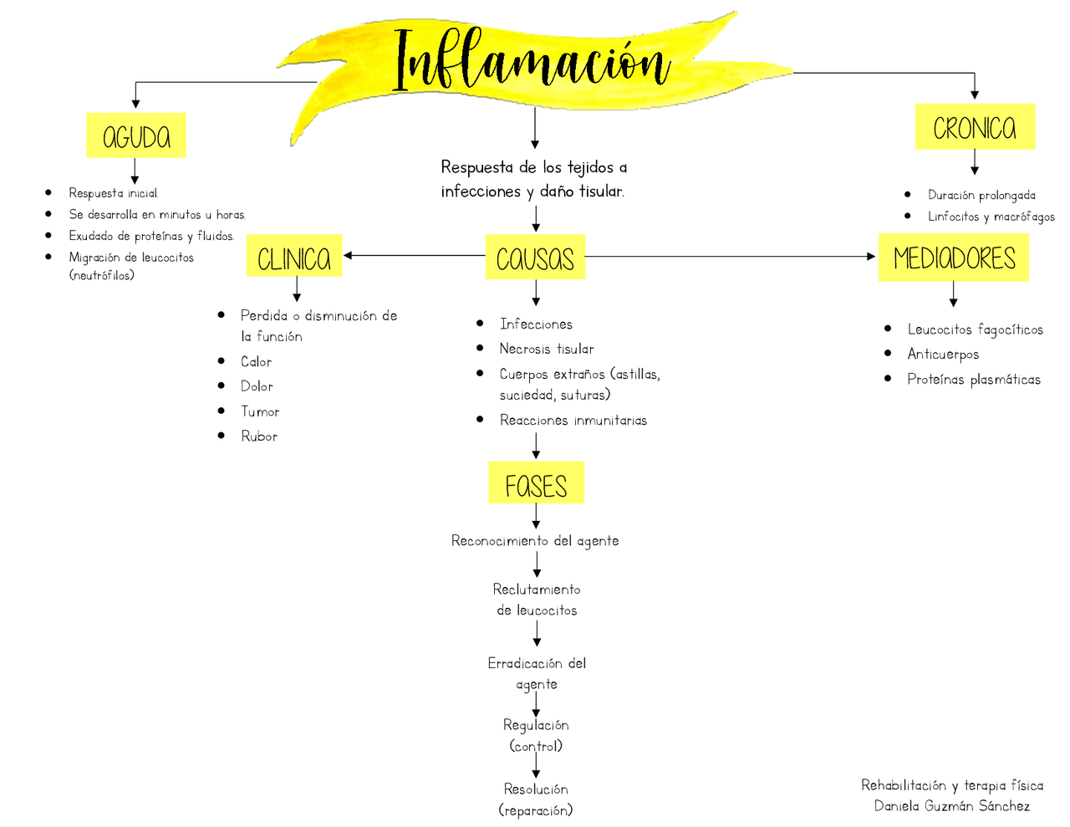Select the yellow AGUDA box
click(136, 135)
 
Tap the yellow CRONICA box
click(975, 127)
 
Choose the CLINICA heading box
click(294, 256)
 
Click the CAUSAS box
click(535, 257)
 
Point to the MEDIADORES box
click(954, 258)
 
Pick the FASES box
click(536, 483)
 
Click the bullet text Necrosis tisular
click(547, 349)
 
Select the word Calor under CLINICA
click(256, 361)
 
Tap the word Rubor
click(259, 436)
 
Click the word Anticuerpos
click(943, 355)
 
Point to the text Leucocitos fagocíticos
click(975, 329)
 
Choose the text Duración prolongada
click(981, 195)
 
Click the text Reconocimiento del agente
click(535, 541)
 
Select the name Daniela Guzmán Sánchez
click(952, 806)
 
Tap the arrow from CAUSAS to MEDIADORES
click(727, 256)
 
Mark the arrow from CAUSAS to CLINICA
click(414, 255)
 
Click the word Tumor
click(260, 411)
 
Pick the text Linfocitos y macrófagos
click(991, 217)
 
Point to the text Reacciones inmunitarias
click(573, 420)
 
